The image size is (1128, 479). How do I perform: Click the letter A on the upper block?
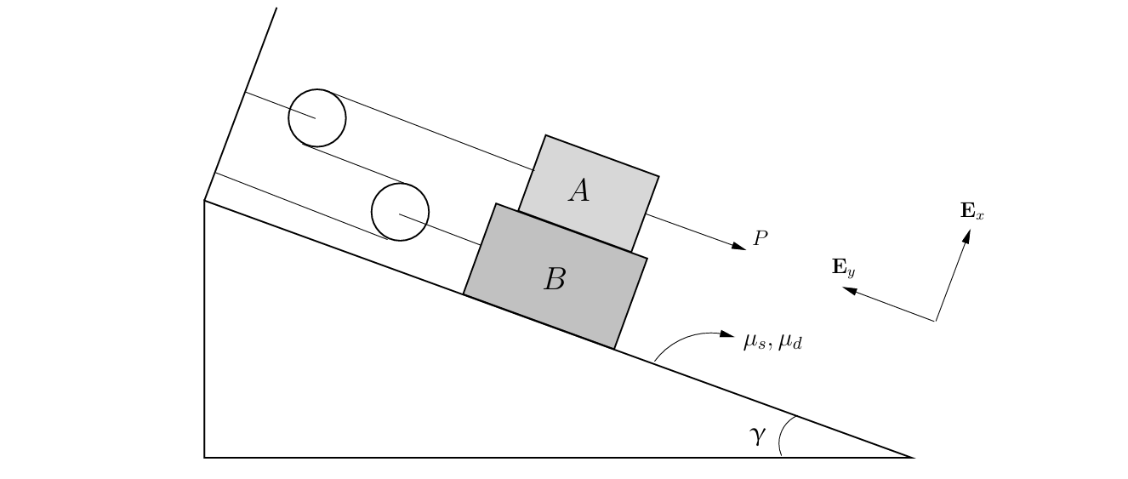[579, 191]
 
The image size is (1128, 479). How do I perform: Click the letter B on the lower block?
[555, 279]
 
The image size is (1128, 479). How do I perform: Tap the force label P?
[761, 239]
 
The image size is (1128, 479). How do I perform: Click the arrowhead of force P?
[739, 247]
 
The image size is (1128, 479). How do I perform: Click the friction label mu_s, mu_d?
[772, 342]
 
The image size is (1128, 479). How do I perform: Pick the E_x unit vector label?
[971, 211]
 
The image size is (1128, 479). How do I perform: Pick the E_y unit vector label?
[843, 267]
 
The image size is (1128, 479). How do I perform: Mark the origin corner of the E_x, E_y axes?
[936, 321]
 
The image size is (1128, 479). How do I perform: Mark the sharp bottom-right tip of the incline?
[913, 457]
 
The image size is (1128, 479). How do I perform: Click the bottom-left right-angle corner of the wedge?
[204, 457]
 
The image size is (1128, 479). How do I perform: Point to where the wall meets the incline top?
[204, 200]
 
